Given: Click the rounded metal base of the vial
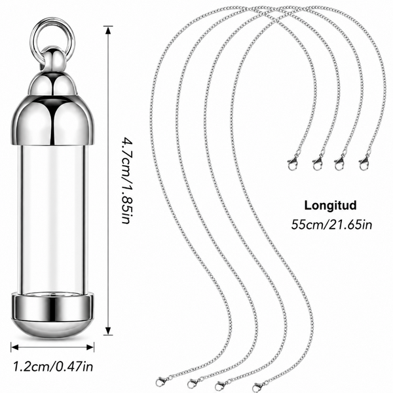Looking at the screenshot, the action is point(52,316).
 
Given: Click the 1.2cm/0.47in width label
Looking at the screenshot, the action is point(53,367).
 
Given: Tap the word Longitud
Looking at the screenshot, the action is point(330,205).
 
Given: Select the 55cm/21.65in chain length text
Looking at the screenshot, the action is point(331,225).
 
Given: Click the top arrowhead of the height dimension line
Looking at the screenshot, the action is point(108,30).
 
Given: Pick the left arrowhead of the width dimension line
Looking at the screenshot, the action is point(15,347).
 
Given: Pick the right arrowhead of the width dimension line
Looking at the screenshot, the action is point(90,347).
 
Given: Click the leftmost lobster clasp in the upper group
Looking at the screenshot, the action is point(293,162).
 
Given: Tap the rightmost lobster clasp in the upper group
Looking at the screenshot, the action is point(364,162).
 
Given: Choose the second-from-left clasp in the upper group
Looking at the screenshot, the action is point(318,162).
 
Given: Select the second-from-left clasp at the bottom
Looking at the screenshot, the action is point(195,383).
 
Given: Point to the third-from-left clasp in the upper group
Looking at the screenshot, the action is point(339,162).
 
